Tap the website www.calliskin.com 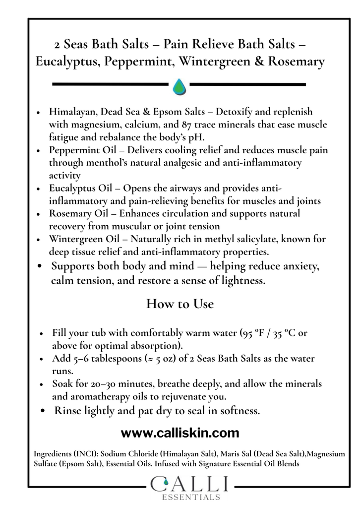(x=180, y=433)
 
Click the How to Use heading (x=180, y=304)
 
